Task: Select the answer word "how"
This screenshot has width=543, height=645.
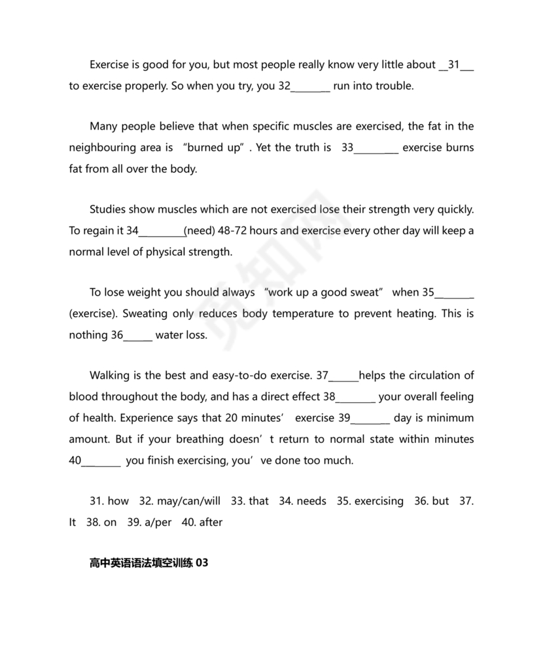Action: coord(118,501)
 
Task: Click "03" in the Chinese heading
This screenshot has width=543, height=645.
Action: coord(202,563)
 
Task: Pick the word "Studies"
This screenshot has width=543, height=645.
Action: coord(107,209)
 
